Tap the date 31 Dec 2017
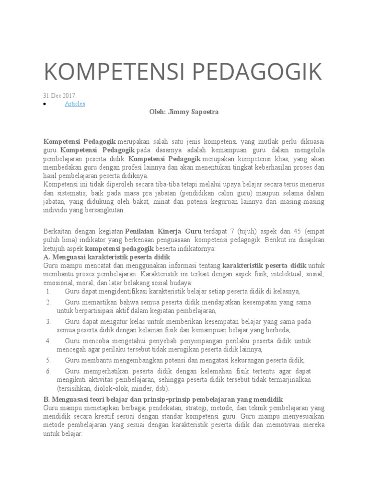tap(59, 95)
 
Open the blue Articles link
tap(75, 104)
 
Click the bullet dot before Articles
tap(45, 104)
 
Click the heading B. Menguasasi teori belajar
tap(163, 399)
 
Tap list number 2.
tap(48, 302)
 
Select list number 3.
tap(48, 321)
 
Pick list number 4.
tap(48, 340)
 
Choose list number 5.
tap(48, 360)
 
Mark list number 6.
tap(48, 371)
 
